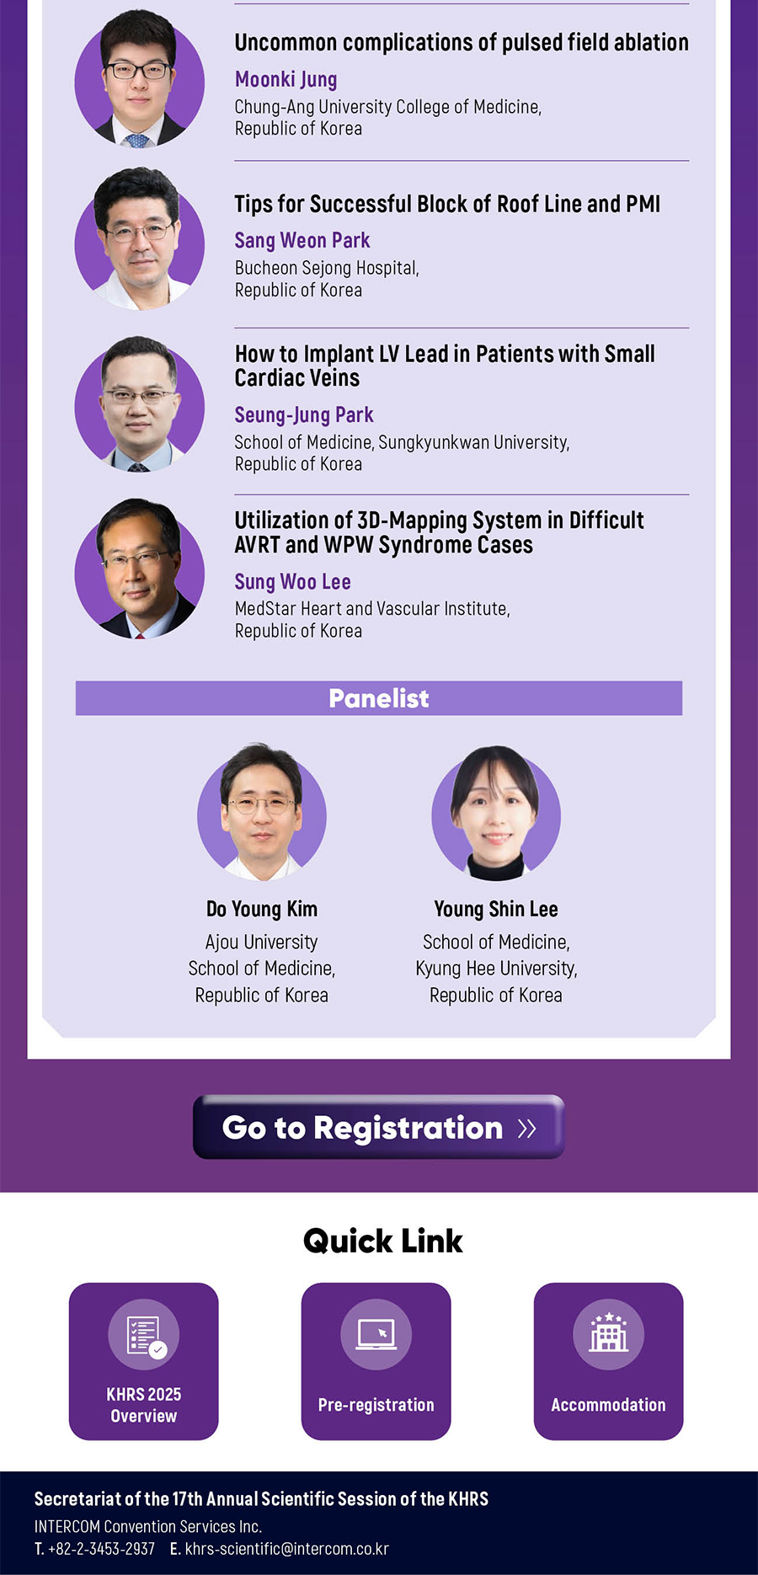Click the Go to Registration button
[x=378, y=1127]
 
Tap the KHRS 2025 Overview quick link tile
[x=144, y=1361]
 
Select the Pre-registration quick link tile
[x=376, y=1361]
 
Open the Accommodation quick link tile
[x=608, y=1361]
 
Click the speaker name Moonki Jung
[x=286, y=79]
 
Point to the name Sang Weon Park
[x=302, y=241]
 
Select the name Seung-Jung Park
[x=304, y=415]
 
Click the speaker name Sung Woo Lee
[x=292, y=582]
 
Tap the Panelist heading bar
[x=379, y=698]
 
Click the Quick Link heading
[x=383, y=1241]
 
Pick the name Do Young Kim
[x=262, y=909]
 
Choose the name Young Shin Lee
[x=496, y=909]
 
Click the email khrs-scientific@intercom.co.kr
[x=287, y=1549]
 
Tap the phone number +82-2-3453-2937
[x=101, y=1549]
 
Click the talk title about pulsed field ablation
[x=462, y=42]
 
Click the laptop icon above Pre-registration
[x=376, y=1334]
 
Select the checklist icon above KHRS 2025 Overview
[x=144, y=1334]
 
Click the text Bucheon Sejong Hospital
[x=327, y=268]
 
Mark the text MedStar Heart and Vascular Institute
[x=372, y=608]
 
